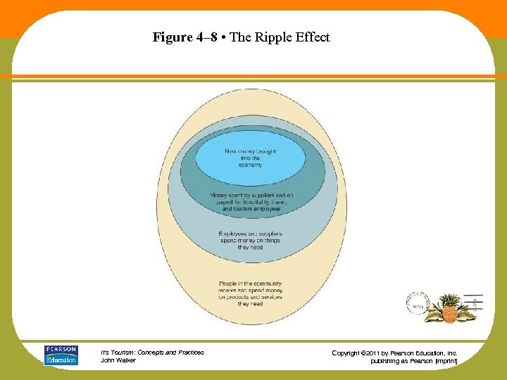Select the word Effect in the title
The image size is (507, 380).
pyautogui.click(x=313, y=38)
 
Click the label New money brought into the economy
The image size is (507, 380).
pyautogui.click(x=250, y=158)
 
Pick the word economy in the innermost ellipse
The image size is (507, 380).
pyautogui.click(x=250, y=165)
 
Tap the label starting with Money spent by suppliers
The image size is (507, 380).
pyautogui.click(x=251, y=202)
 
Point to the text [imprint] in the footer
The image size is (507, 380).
pyautogui.click(x=443, y=361)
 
